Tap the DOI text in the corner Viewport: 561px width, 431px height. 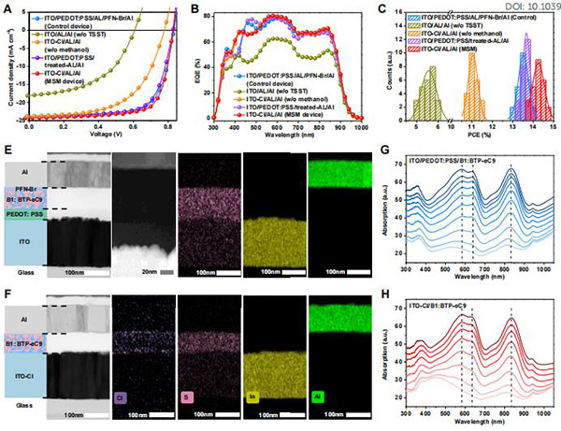pos(525,7)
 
